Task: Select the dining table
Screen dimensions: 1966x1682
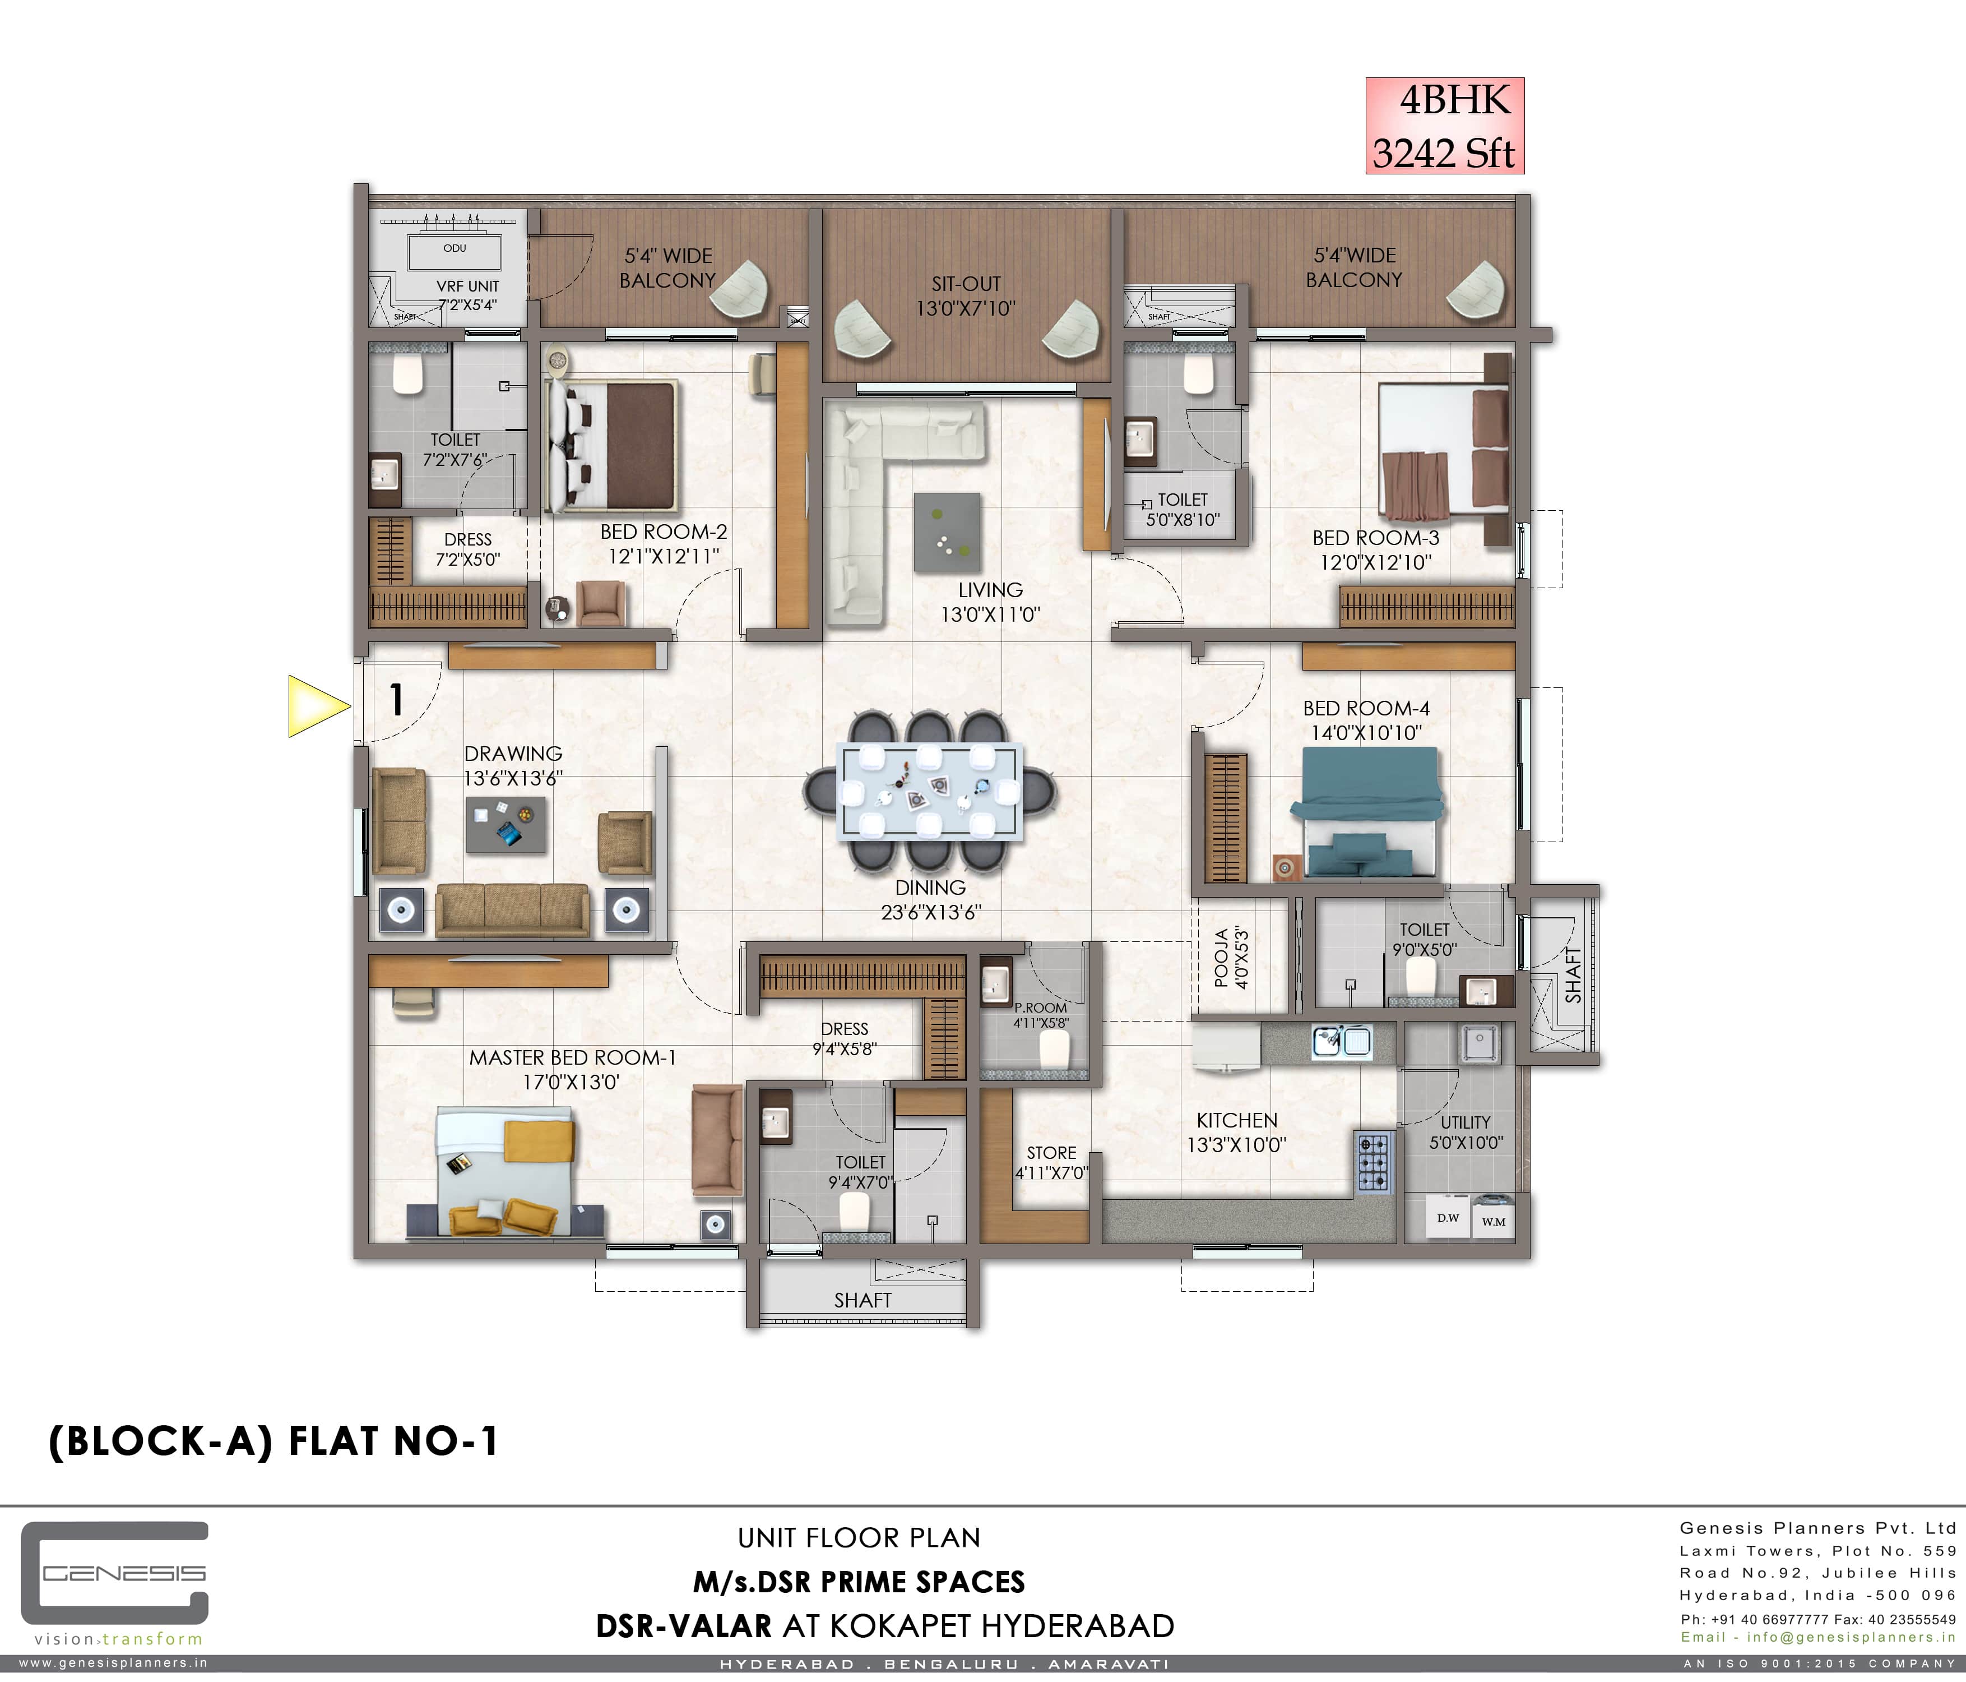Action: [x=930, y=791]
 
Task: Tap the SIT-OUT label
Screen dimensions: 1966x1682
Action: [x=966, y=284]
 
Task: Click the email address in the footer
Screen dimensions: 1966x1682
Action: [x=1817, y=1637]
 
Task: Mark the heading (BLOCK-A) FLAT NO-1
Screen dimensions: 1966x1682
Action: [x=273, y=1441]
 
